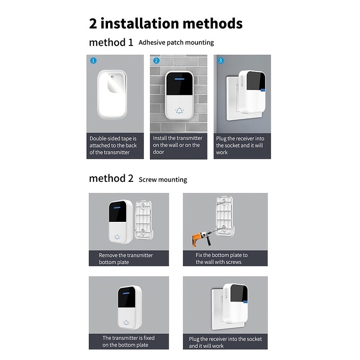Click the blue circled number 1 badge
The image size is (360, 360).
(93, 61)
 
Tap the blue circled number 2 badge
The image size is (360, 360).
(156, 61)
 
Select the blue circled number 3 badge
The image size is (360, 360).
(220, 61)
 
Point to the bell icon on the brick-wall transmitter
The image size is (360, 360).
(179, 111)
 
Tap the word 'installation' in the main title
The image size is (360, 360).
(139, 23)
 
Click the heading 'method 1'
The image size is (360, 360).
(111, 42)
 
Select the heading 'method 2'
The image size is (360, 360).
(111, 178)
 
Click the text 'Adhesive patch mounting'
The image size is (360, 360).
(176, 42)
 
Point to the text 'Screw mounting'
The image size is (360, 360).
(163, 180)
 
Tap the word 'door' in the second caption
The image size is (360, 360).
(158, 152)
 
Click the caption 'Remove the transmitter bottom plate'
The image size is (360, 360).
(126, 259)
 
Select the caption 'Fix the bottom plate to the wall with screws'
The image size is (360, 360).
(221, 258)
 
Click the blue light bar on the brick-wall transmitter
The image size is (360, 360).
(179, 79)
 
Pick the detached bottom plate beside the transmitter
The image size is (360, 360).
(144, 220)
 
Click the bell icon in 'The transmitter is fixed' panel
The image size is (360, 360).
(126, 323)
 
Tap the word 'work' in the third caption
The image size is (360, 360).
(222, 153)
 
